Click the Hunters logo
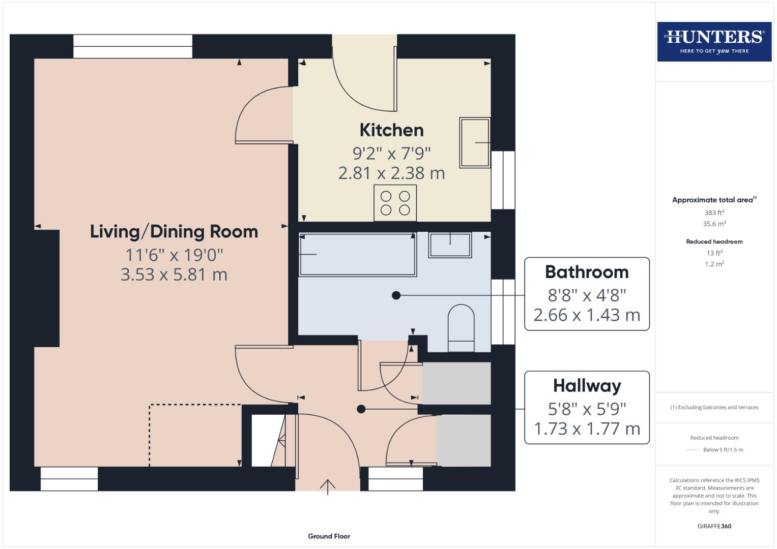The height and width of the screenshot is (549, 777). point(714,42)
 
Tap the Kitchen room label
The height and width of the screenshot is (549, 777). point(391,130)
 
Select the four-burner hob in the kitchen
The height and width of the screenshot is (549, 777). point(395,203)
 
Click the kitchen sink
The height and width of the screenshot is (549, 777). point(474,143)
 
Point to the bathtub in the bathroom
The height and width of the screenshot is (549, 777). point(357,255)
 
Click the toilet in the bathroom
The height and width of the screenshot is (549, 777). point(461,328)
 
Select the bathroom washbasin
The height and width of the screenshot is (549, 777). point(450,245)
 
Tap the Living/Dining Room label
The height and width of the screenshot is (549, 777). point(174,232)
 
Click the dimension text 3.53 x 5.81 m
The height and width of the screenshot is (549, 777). point(174,274)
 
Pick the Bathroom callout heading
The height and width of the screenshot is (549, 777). point(587,272)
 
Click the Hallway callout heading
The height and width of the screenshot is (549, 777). point(587,386)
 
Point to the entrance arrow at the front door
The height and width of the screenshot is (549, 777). point(328,486)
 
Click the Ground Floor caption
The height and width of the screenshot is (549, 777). point(329,536)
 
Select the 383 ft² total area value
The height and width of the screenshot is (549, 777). point(714,212)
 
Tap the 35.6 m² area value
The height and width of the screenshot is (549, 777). point(714,224)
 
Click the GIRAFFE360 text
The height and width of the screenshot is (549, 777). point(714,526)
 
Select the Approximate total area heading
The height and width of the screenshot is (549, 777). point(713,200)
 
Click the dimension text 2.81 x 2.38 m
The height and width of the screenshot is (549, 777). point(391,173)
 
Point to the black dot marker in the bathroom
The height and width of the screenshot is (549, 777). point(396,295)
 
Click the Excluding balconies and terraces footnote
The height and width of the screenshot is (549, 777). point(714,407)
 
